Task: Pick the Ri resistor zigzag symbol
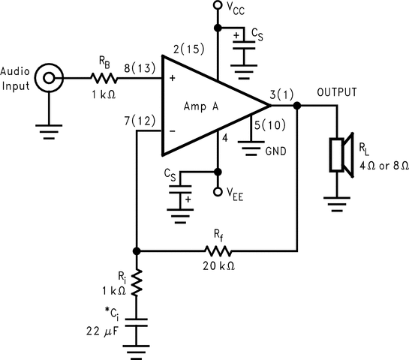(x=136, y=284)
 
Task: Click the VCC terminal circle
(x=218, y=7)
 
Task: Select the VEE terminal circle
(x=218, y=192)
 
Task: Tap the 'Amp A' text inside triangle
(x=201, y=106)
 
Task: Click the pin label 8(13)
(x=140, y=67)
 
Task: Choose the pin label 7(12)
(x=140, y=120)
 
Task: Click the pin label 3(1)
(x=283, y=96)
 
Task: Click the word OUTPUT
(x=337, y=93)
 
